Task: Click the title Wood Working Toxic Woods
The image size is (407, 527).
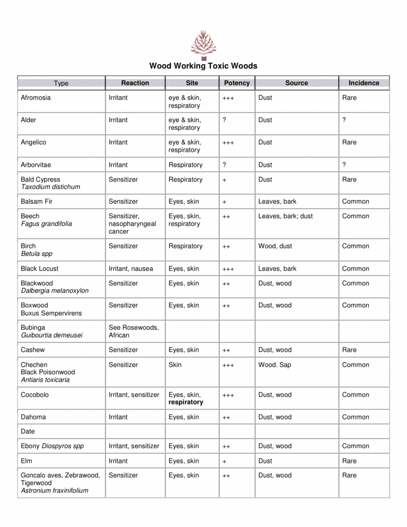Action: point(203,66)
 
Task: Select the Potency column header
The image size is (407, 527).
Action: point(237,83)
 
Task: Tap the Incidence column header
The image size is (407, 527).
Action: point(364,83)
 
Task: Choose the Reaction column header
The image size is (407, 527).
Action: point(135,83)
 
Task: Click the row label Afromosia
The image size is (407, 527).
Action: point(36,98)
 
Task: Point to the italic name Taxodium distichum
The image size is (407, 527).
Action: point(50,187)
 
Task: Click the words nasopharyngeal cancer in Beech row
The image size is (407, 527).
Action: point(132,228)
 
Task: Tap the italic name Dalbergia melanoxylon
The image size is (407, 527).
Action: point(55,291)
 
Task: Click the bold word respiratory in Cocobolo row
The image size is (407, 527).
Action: point(186,402)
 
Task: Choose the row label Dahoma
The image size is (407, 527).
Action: point(33,417)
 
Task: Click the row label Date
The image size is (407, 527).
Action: point(28,432)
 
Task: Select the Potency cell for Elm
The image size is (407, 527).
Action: point(224,462)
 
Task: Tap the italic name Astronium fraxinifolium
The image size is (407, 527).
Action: point(55,491)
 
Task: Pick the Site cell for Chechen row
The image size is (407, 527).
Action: point(175,365)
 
